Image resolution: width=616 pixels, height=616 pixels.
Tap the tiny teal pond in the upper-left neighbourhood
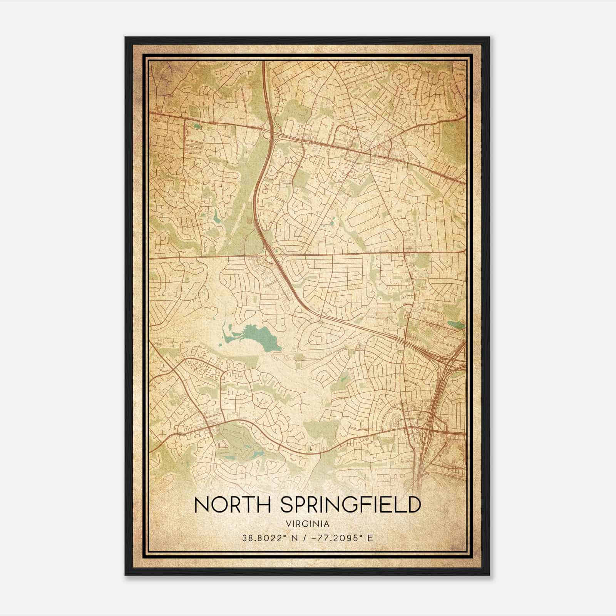[x=197, y=126]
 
